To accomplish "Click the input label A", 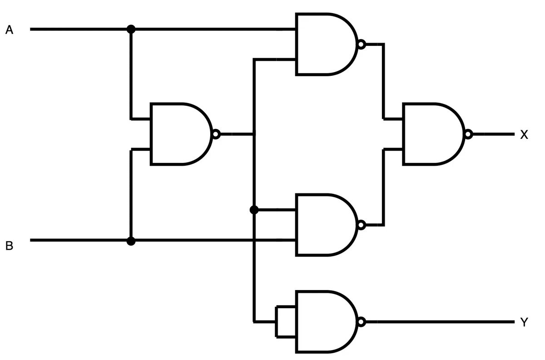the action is pyautogui.click(x=9, y=30).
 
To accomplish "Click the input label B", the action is pyautogui.click(x=9, y=246).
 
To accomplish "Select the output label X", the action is pyautogui.click(x=524, y=135).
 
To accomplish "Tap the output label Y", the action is pyautogui.click(x=524, y=322).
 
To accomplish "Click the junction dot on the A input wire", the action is pyautogui.click(x=131, y=29).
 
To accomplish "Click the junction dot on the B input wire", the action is pyautogui.click(x=131, y=241).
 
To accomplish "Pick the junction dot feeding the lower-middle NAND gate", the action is pyautogui.click(x=254, y=210).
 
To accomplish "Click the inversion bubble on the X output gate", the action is pyautogui.click(x=468, y=134).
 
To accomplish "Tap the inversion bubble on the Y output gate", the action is pyautogui.click(x=362, y=322).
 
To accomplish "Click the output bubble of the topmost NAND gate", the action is pyautogui.click(x=362, y=44).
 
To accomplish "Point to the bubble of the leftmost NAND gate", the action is pyautogui.click(x=216, y=134).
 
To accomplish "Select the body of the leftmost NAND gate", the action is pyautogui.click(x=181, y=134).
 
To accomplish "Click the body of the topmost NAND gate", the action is pyautogui.click(x=326, y=44).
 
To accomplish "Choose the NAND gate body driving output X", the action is pyautogui.click(x=433, y=134).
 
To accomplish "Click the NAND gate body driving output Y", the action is pyautogui.click(x=326, y=322).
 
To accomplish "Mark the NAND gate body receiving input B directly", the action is pyautogui.click(x=326, y=225).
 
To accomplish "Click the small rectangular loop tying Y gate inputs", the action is pyautogui.click(x=277, y=322).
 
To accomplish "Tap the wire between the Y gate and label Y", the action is pyautogui.click(x=440, y=322).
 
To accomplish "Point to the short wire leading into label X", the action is pyautogui.click(x=494, y=134).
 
